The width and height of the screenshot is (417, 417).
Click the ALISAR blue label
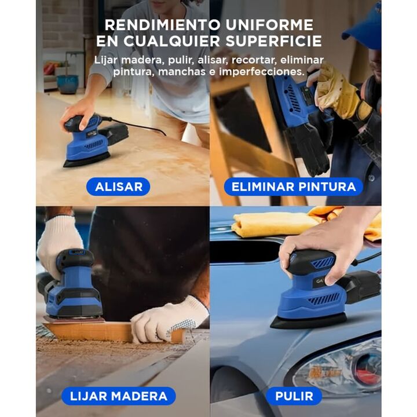click(x=118, y=186)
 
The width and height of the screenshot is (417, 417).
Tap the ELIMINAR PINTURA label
click(x=293, y=186)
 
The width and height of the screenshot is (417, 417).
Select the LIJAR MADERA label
click(x=119, y=396)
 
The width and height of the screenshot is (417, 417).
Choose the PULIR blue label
click(x=294, y=396)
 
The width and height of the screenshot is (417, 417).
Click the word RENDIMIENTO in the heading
click(x=163, y=25)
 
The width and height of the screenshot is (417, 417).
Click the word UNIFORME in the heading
click(x=269, y=25)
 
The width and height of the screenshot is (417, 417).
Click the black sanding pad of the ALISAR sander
click(x=87, y=160)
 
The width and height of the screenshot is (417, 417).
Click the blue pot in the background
click(x=68, y=84)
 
